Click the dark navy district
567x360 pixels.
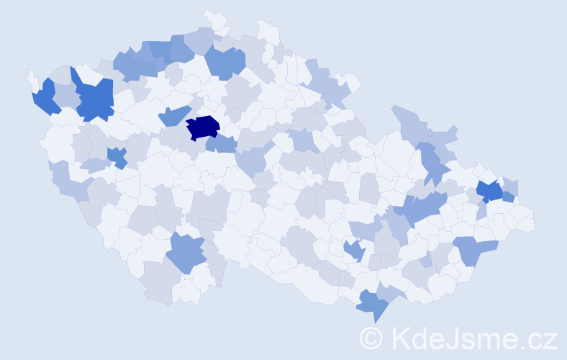click(x=204, y=127)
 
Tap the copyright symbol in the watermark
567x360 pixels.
click(x=371, y=338)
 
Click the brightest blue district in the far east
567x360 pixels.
click(x=490, y=191)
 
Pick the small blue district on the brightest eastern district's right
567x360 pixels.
click(x=508, y=197)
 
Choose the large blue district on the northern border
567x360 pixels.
click(x=225, y=61)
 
